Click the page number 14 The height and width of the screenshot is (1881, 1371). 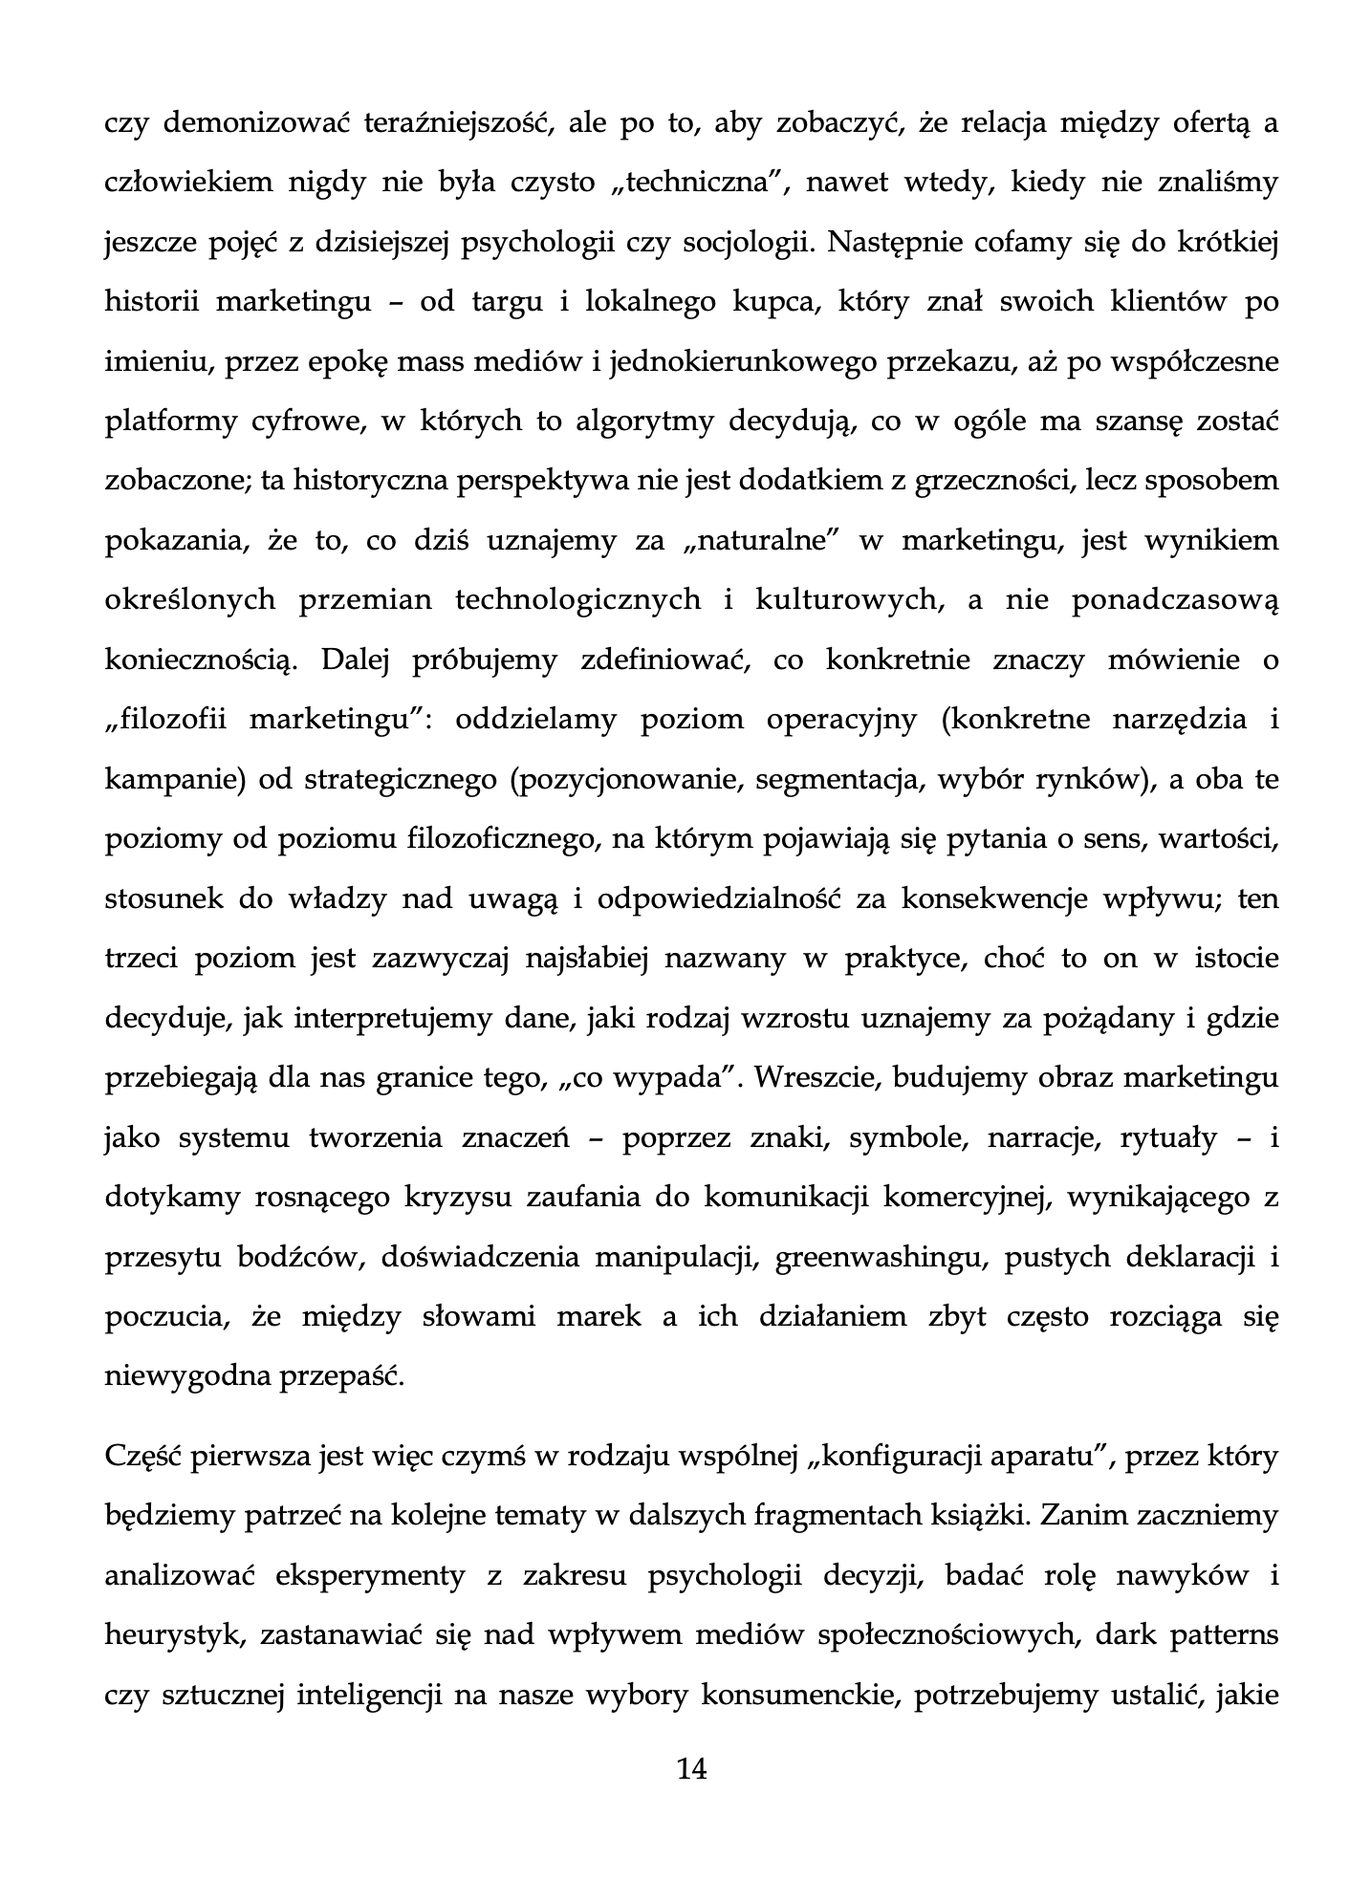pyautogui.click(x=690, y=1769)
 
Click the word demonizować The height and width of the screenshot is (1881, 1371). pyautogui.click(x=251, y=123)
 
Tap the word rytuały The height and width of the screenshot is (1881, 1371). pyautogui.click(x=1162, y=1138)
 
